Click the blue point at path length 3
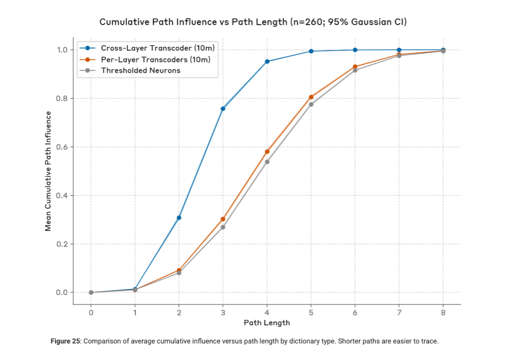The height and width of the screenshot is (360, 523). tap(223, 109)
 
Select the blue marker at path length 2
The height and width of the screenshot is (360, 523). tap(179, 218)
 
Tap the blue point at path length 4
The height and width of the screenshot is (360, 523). tap(267, 61)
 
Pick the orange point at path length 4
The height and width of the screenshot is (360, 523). tap(267, 151)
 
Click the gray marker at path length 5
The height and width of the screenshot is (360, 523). tap(311, 105)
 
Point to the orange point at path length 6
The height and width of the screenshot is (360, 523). tap(355, 67)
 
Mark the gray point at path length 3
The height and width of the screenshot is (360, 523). tap(223, 227)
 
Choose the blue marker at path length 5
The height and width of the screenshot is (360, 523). tap(311, 51)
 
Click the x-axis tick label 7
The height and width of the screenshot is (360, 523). tap(399, 313)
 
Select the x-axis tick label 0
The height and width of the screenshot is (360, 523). tap(91, 313)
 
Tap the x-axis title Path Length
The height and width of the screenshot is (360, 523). tap(267, 323)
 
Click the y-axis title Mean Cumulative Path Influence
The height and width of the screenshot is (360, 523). tap(48, 171)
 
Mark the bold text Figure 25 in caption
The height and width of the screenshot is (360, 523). tap(65, 341)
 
